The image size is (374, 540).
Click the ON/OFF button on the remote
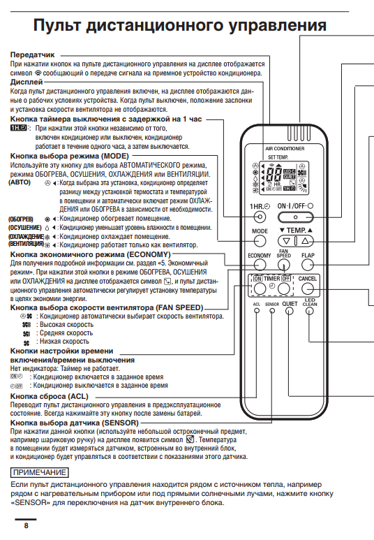296,217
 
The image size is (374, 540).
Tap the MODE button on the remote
260,242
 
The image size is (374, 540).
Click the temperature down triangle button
286,241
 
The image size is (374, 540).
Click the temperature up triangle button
305,241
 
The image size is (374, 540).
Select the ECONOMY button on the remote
260,265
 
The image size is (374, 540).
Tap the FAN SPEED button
283,265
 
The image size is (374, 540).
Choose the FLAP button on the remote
307,265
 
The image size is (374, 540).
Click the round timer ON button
260,289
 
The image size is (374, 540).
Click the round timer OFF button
283,289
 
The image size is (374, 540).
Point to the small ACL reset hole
257,311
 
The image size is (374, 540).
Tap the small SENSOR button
272,311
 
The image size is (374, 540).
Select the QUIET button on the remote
290,312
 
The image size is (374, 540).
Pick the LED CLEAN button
310,312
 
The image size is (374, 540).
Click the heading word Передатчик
32,54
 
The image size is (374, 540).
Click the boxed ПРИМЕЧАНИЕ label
39,472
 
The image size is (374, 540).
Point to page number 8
26,525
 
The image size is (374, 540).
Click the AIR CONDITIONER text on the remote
285,149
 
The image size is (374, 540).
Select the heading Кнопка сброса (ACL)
50,396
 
